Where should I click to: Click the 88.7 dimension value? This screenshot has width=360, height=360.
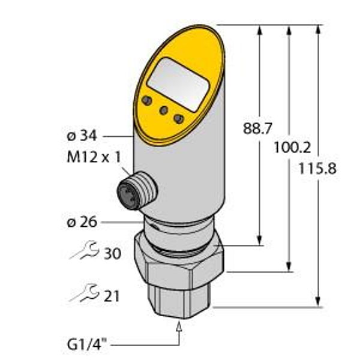(255, 128)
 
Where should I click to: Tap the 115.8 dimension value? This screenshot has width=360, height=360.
(317, 169)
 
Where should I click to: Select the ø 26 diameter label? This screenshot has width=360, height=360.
(82, 223)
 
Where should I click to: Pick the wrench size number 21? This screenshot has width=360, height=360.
(112, 296)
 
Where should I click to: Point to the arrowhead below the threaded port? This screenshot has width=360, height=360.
(178, 325)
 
